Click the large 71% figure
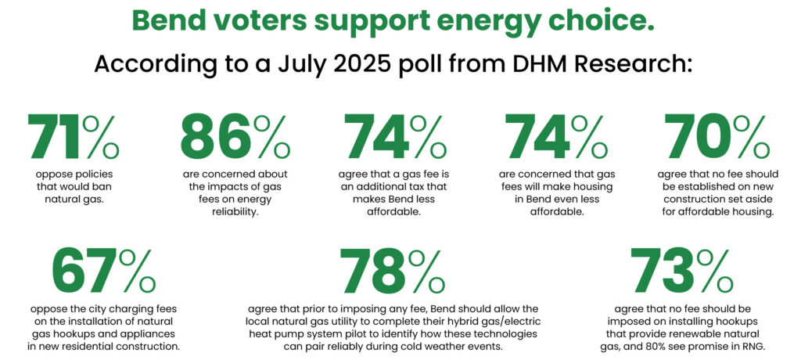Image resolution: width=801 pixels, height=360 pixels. (74, 137)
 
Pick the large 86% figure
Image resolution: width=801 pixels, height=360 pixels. (235, 137)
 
